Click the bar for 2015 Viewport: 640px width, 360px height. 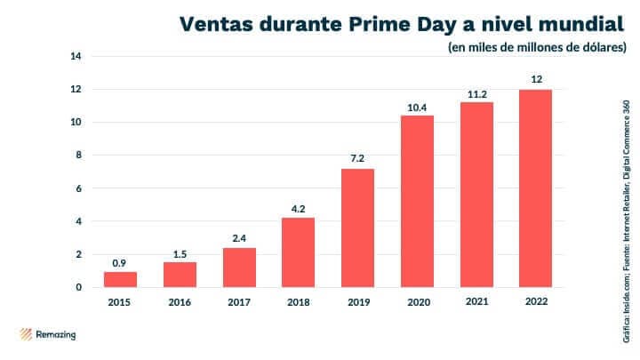click(120, 279)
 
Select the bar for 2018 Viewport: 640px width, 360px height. click(298, 252)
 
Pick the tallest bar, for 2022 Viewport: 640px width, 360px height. click(536, 188)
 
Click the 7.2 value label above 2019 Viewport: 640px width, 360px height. click(357, 157)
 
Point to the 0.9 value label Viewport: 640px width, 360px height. click(120, 261)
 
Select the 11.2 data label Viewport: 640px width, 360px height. click(476, 92)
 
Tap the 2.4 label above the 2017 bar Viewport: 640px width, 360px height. click(238, 237)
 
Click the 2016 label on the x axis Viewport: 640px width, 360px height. click(180, 302)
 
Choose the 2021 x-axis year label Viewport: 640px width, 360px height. click(476, 302)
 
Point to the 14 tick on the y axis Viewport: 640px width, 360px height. click(76, 57)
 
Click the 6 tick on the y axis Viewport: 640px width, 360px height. click(78, 188)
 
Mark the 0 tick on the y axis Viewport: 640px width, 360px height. click(78, 287)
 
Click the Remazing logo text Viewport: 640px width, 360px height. click(57, 335)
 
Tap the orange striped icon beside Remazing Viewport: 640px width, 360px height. click(26, 335)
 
